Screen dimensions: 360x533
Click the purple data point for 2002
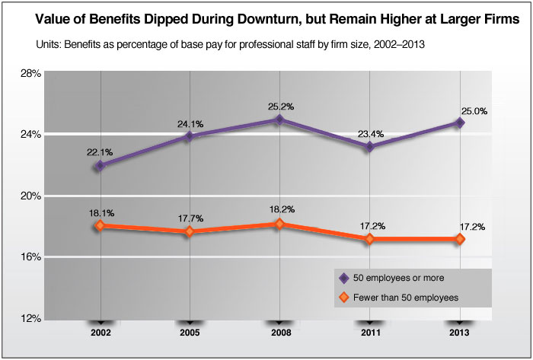[x=101, y=165]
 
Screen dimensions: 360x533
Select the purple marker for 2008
[x=279, y=119]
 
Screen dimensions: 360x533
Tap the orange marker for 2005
[x=190, y=231]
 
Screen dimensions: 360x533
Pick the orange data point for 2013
[x=460, y=239]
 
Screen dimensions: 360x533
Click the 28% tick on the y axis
[x=30, y=73]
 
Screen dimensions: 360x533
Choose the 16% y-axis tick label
[x=30, y=257]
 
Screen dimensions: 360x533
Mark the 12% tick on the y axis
[x=30, y=318]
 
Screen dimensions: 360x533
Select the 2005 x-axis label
[x=190, y=333]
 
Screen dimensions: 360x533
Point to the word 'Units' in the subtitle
[x=48, y=46]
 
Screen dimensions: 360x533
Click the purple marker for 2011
[x=369, y=146]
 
